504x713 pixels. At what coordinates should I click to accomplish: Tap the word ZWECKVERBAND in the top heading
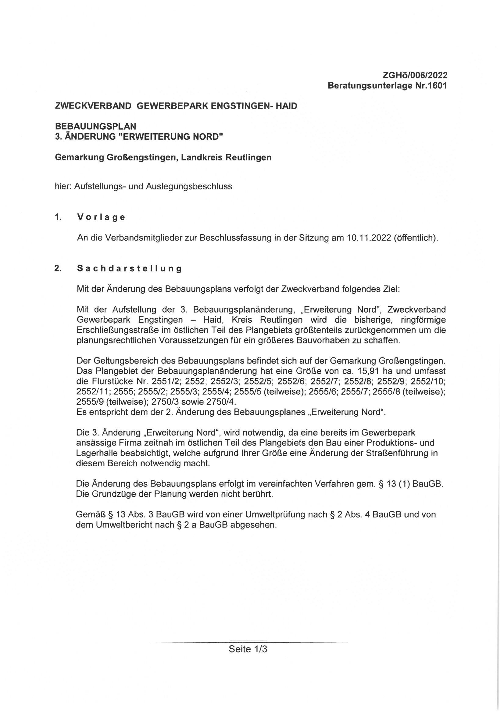pos(93,106)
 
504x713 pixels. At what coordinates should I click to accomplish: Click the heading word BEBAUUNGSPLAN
pos(96,126)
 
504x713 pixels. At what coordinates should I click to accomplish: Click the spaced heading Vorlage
pos(101,217)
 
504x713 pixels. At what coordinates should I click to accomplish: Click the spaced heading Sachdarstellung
pos(129,269)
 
